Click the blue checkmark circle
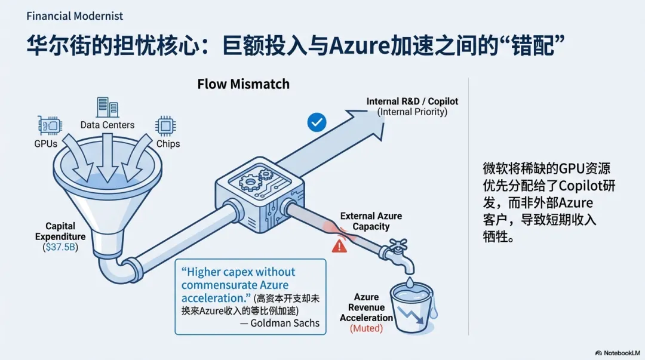(317, 123)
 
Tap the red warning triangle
(339, 245)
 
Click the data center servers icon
(107, 107)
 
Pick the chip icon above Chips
(165, 125)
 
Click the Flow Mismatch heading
(243, 84)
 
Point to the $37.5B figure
(60, 247)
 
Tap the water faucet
(394, 252)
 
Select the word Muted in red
(366, 328)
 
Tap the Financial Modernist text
(75, 16)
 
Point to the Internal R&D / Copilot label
(412, 101)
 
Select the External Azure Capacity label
(371, 221)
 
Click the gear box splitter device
(254, 192)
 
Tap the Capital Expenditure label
(60, 232)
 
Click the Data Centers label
(107, 125)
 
